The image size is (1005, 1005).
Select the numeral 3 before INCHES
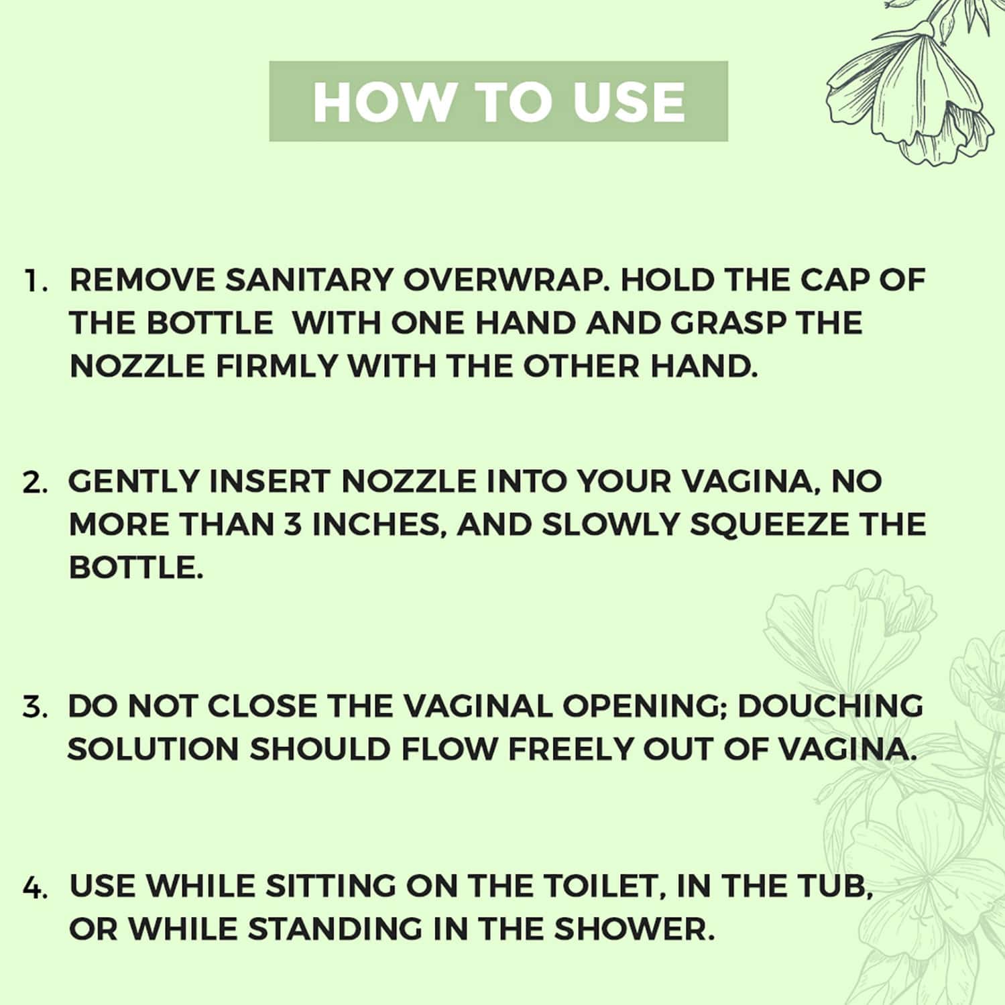point(293,525)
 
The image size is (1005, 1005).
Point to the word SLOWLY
point(610,525)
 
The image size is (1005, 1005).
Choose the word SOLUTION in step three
point(153,749)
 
